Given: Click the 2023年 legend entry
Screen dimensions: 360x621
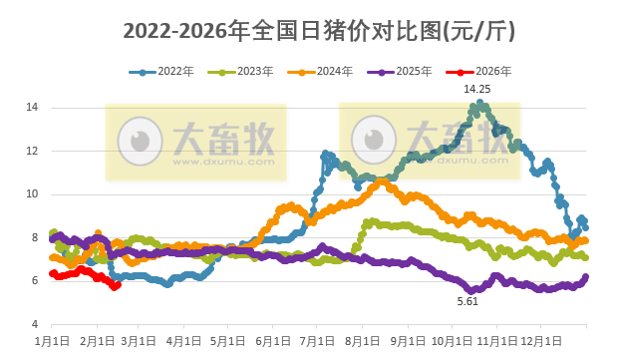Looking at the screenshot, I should click(x=244, y=71).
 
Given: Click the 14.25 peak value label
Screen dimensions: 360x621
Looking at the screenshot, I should click(x=477, y=89).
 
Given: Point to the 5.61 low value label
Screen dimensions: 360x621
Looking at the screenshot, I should click(x=467, y=300).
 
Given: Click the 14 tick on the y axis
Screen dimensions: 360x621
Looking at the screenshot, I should click(x=32, y=107).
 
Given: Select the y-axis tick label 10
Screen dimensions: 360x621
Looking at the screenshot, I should click(x=32, y=194).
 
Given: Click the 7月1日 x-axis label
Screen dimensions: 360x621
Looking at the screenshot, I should click(x=317, y=340).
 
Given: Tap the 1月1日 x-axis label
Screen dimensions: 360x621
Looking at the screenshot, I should click(x=52, y=340).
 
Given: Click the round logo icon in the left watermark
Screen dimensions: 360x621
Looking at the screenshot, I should click(x=140, y=140).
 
